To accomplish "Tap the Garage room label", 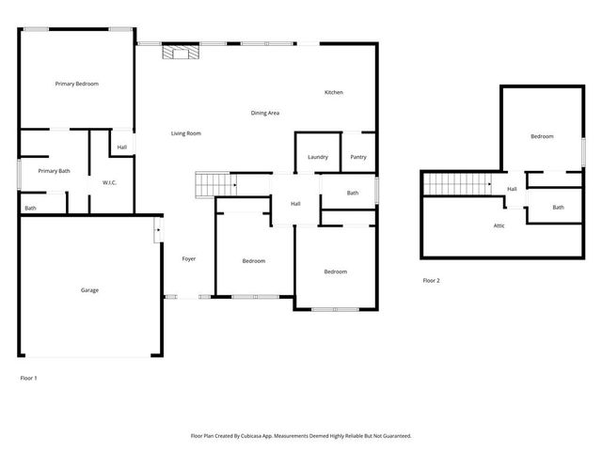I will [89, 290].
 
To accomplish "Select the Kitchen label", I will [333, 92].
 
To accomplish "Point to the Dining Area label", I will [264, 113].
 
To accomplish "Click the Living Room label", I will [185, 133].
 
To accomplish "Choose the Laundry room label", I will [318, 157].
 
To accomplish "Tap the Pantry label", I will [358, 157].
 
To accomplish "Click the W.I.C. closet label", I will [109, 182].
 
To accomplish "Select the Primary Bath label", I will [54, 171].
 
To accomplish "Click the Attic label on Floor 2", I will [499, 225].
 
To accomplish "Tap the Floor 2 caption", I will [431, 281].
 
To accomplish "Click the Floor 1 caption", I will [28, 378].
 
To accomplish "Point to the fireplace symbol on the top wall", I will [179, 53].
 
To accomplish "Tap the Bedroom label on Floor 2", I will [542, 137].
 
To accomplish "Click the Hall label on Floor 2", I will [512, 189].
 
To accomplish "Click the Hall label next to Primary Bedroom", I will [122, 148].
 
